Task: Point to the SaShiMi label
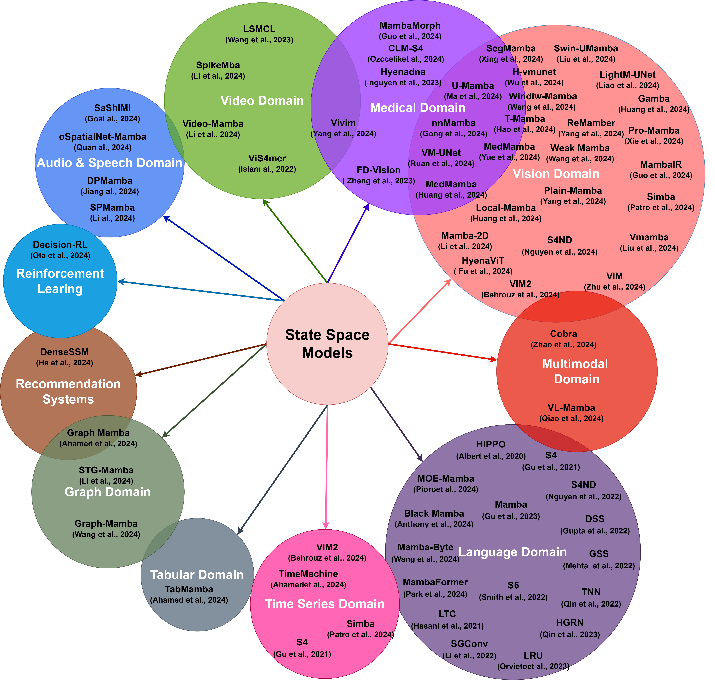tap(112, 108)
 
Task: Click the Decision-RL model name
tap(60, 245)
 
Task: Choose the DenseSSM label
tap(64, 352)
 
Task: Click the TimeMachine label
tap(308, 574)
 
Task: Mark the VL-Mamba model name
tap(571, 408)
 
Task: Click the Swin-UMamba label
tap(586, 48)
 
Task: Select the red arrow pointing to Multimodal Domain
tap(442, 352)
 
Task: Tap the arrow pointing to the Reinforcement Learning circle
tap(201, 291)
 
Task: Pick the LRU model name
tap(533, 656)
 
